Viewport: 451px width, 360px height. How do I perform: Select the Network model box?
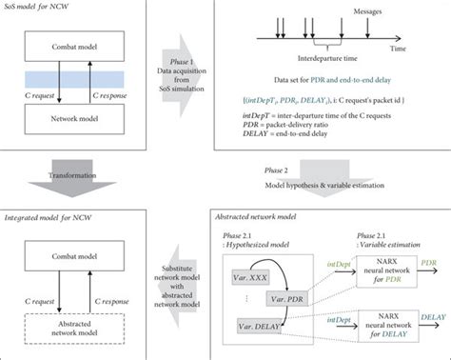pos(75,115)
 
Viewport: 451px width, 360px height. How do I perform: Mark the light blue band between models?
pos(75,81)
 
